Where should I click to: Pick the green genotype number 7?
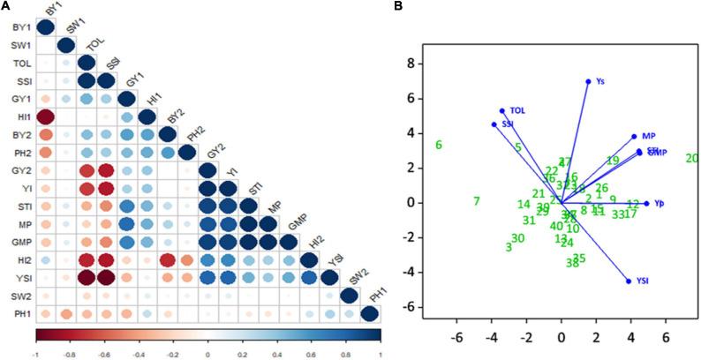(476, 202)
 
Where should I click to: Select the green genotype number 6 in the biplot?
(438, 146)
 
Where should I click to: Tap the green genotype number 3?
(509, 247)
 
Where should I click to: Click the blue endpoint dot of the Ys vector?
(588, 81)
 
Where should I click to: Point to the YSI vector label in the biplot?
(643, 281)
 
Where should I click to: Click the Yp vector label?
(659, 204)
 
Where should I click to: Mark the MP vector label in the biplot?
(648, 136)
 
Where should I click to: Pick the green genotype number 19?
(612, 161)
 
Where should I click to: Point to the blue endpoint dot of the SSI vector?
(494, 124)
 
